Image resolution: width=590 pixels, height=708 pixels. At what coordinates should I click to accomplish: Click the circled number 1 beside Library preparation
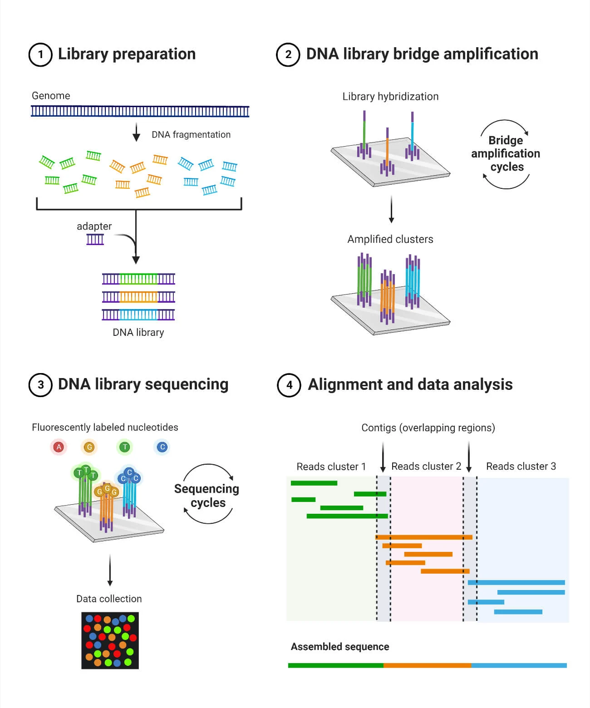[x=40, y=55]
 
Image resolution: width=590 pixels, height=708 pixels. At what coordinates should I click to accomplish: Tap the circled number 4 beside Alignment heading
[x=289, y=385]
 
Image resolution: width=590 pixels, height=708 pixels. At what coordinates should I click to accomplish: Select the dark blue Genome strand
[x=140, y=111]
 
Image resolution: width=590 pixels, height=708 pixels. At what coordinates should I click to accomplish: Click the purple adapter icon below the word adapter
[x=95, y=239]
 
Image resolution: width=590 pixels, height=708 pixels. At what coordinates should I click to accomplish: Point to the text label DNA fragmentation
[x=191, y=135]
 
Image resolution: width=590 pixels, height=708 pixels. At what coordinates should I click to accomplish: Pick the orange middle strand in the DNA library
[x=138, y=297]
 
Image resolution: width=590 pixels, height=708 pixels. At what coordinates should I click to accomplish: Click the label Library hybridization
[x=390, y=97]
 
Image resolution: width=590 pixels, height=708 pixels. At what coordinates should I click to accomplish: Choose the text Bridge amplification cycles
[x=506, y=153]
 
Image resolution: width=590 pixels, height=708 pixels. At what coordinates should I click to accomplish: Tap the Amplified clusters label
[x=390, y=239]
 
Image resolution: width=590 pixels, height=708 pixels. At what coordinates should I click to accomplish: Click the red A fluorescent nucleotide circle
[x=59, y=447]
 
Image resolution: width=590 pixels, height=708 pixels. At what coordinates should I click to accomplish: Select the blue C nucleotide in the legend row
[x=162, y=447]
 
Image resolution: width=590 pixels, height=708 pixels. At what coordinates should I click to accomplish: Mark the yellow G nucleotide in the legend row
[x=89, y=447]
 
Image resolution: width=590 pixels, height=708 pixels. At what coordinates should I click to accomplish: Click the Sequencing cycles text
[x=207, y=496]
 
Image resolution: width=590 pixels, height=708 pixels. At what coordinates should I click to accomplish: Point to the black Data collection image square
[x=110, y=640]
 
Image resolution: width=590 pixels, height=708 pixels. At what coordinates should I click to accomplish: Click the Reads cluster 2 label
[x=426, y=467]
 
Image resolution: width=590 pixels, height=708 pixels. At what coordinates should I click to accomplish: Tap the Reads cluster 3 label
[x=521, y=467]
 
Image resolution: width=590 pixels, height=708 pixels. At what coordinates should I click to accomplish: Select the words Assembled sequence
[x=340, y=647]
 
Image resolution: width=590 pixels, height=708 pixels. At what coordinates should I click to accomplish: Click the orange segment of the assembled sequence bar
[x=427, y=665]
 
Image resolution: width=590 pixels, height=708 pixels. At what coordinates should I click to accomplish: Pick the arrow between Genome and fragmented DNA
[x=136, y=133]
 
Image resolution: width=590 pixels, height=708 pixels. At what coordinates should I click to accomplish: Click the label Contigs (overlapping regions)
[x=428, y=428]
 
